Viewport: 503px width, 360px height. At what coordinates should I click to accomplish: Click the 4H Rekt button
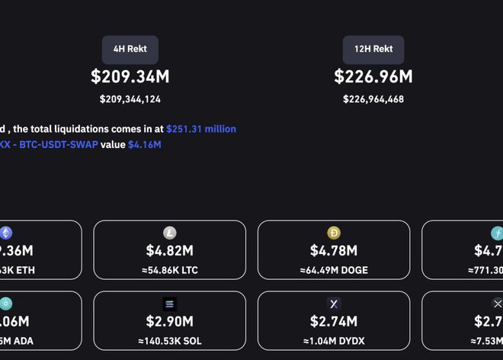coord(130,49)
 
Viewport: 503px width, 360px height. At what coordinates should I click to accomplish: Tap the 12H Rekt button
coord(373,49)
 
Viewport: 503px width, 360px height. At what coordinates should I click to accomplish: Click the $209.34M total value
coord(130,76)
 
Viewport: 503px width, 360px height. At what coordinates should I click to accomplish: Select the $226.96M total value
coord(373,76)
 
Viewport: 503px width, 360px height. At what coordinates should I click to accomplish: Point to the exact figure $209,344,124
coord(130,99)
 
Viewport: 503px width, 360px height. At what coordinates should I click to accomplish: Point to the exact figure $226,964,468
coord(373,99)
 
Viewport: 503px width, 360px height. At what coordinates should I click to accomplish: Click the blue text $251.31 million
coord(201,129)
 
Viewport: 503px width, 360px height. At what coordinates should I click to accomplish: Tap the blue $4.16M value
coord(144,144)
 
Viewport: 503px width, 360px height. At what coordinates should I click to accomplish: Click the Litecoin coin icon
coord(170,233)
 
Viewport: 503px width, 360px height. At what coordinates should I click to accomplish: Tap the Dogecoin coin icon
coord(334,233)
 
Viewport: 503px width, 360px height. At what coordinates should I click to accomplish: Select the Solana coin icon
coord(170,304)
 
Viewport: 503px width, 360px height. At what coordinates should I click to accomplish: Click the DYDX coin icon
coord(334,304)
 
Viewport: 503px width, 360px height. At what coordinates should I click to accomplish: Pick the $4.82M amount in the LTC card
coord(169,250)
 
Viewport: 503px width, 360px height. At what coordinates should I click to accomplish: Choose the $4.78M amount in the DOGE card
coord(334,250)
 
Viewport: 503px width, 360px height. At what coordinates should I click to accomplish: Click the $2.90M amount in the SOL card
coord(169,321)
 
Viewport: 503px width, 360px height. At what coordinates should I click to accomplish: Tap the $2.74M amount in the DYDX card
coord(334,321)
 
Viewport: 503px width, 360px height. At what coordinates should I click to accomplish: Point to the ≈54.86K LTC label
coord(169,270)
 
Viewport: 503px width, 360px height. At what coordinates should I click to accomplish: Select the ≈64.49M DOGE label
coord(334,270)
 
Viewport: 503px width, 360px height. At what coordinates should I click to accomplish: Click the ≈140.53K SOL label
coord(169,341)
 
